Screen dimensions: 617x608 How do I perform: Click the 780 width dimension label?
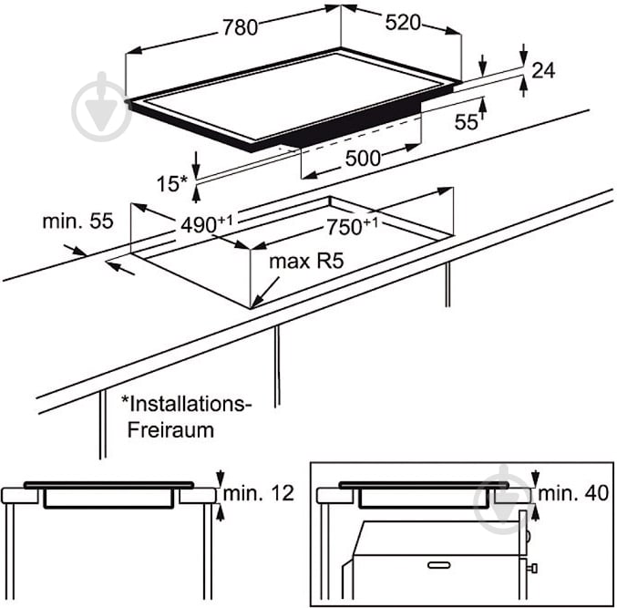click(x=240, y=27)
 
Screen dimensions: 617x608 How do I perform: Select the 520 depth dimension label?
click(x=403, y=23)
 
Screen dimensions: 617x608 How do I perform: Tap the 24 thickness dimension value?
click(x=543, y=70)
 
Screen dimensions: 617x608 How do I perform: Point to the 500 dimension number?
click(x=363, y=159)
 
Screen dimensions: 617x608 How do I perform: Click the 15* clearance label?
click(x=172, y=184)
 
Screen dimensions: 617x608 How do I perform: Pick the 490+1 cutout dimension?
click(x=207, y=224)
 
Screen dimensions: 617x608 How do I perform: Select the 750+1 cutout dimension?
click(x=352, y=226)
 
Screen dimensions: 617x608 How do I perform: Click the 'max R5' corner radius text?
click(x=306, y=261)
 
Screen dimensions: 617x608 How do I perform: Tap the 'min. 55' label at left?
click(x=77, y=222)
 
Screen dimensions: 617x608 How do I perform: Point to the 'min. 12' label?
click(x=259, y=493)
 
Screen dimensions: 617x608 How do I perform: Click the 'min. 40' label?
click(x=573, y=493)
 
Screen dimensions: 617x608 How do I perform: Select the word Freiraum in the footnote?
click(x=170, y=430)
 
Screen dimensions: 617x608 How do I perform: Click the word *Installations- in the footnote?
click(x=186, y=404)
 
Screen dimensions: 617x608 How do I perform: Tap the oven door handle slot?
click(x=439, y=565)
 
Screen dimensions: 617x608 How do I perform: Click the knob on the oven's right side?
click(x=532, y=568)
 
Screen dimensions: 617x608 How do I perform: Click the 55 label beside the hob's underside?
click(x=466, y=121)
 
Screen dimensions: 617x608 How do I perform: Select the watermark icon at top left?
click(x=101, y=107)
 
